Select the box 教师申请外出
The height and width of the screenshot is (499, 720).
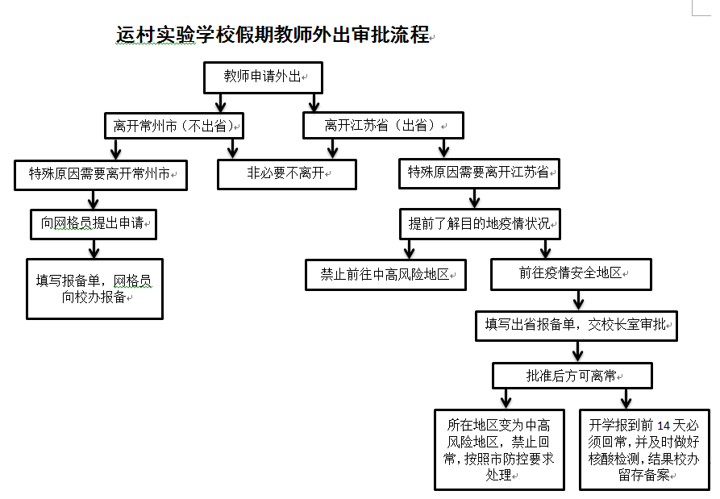point(263,77)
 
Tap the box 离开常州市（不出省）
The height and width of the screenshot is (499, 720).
point(173,126)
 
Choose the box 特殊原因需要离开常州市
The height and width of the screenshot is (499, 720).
point(101,174)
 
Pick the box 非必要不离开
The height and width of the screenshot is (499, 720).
point(286,174)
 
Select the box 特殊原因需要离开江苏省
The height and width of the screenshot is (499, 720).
point(479,173)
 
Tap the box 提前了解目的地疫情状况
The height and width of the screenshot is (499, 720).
point(480,223)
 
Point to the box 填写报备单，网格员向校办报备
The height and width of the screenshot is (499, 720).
point(94,288)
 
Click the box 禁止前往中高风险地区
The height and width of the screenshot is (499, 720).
point(385,274)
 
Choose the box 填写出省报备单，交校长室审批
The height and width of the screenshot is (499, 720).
point(576,326)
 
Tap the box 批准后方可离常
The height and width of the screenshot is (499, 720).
point(572,376)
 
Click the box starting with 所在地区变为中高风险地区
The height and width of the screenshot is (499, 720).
point(499,450)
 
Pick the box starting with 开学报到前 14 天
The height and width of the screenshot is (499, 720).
point(644,450)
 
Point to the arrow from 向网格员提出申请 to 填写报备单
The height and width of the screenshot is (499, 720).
point(94,248)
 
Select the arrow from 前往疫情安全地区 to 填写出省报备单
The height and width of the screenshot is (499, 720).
point(578,300)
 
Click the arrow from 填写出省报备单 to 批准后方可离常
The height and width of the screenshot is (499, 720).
point(577,351)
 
